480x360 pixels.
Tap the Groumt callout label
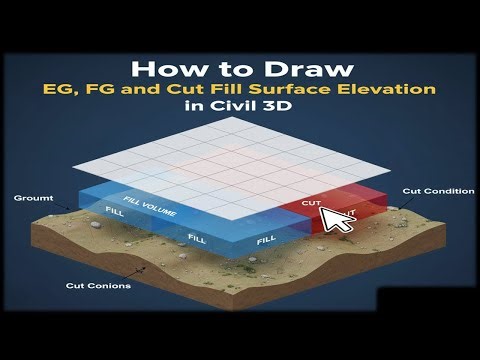28,198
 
